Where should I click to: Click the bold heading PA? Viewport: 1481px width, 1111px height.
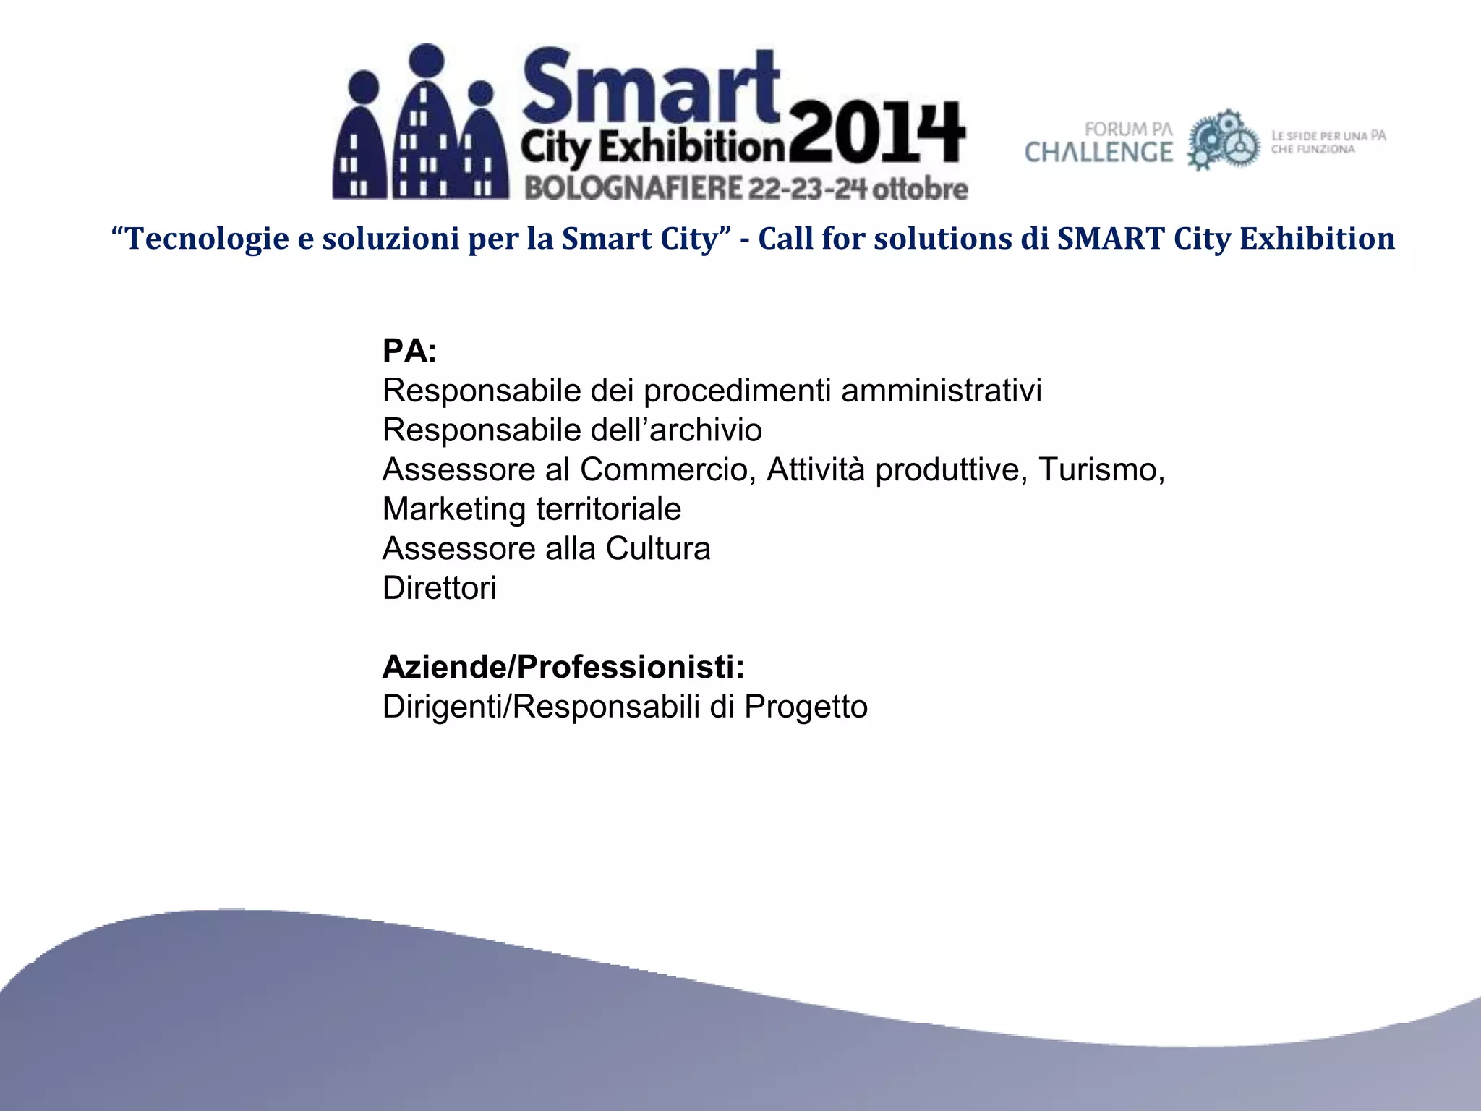(409, 352)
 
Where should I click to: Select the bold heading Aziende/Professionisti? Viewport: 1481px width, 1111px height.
(563, 667)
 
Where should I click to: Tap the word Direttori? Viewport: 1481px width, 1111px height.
(439, 588)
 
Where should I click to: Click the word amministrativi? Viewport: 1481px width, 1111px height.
(941, 391)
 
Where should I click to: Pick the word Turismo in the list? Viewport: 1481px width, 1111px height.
(1098, 469)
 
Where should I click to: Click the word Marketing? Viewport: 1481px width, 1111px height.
(454, 509)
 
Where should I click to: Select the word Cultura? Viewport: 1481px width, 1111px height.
(658, 548)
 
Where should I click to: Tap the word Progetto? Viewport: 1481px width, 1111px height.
(806, 707)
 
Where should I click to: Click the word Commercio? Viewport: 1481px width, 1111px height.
(667, 469)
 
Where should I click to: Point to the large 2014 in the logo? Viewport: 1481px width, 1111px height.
(876, 135)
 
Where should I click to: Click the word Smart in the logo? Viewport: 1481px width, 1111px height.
(651, 87)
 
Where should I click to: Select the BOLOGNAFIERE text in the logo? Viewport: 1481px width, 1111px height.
(633, 189)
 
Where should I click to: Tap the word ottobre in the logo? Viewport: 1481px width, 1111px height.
(921, 189)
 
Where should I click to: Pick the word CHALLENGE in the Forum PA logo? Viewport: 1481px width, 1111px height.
(1098, 153)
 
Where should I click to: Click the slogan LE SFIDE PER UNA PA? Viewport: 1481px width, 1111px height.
(1328, 135)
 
